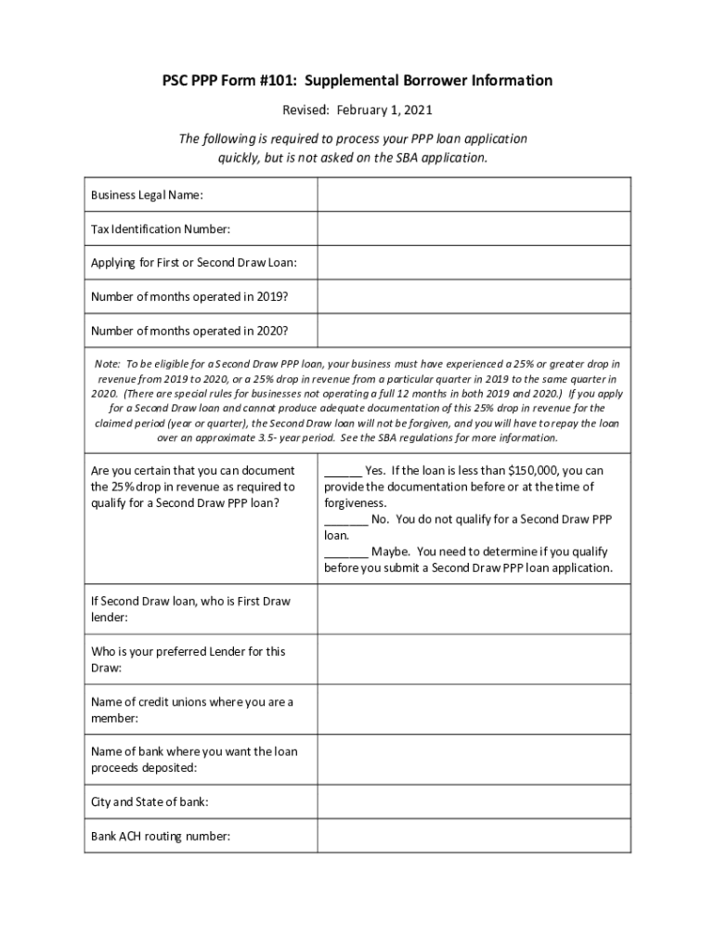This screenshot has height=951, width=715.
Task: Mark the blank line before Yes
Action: tap(343, 471)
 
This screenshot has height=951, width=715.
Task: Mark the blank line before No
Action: tap(345, 519)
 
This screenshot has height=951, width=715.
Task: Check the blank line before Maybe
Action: tap(345, 552)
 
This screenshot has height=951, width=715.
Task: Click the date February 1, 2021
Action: tap(392, 111)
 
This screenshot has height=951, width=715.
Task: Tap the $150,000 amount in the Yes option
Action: tap(511, 471)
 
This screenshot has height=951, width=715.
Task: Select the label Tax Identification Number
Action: tap(160, 228)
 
